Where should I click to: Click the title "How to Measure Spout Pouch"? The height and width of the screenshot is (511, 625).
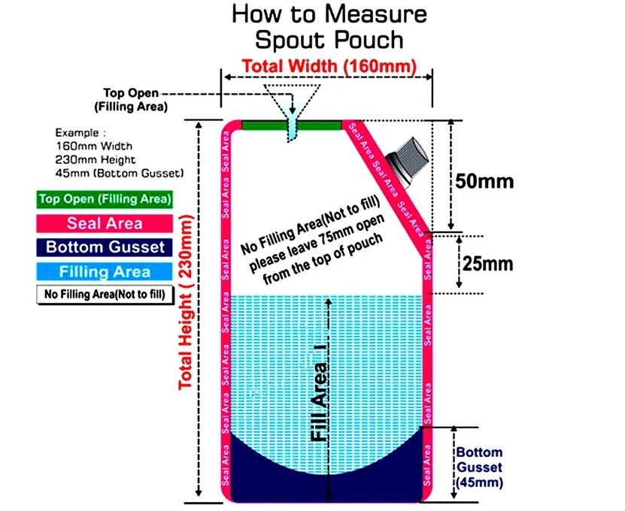pos(329,26)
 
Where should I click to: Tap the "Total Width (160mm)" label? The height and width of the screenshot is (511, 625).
pos(329,66)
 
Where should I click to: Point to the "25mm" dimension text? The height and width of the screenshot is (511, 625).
pos(488,264)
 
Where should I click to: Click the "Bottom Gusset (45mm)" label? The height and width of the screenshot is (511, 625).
pos(478,467)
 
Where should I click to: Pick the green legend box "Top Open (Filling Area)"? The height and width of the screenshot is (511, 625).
pos(105,199)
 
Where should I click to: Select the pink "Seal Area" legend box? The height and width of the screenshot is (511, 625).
pos(105,222)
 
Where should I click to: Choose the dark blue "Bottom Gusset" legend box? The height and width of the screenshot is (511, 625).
pos(105,246)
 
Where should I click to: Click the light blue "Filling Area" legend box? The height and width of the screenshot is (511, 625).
pos(105,271)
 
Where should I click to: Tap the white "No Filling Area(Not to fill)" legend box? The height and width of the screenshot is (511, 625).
pos(105,295)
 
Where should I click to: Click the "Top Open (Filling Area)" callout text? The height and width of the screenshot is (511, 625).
pos(131,100)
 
